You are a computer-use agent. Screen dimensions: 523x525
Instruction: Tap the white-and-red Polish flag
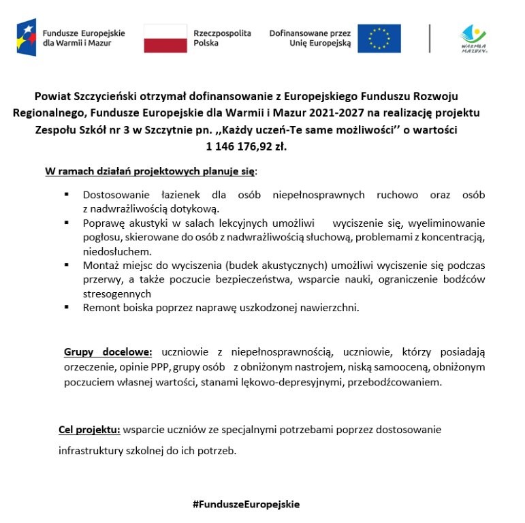coord(165,38)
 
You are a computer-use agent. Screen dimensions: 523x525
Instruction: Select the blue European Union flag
coord(379,38)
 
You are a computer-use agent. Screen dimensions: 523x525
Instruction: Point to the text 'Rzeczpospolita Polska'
coord(222,37)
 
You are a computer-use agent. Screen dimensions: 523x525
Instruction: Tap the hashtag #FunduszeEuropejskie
coord(246,504)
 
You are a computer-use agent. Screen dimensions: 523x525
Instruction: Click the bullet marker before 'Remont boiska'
coord(67,307)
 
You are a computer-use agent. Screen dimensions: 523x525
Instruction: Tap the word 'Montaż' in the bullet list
coord(100,265)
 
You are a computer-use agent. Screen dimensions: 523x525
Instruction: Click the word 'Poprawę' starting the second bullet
coord(103,223)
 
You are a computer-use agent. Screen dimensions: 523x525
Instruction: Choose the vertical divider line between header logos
coord(430,38)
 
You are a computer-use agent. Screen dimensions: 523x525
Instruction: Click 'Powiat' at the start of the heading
coord(54,96)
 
